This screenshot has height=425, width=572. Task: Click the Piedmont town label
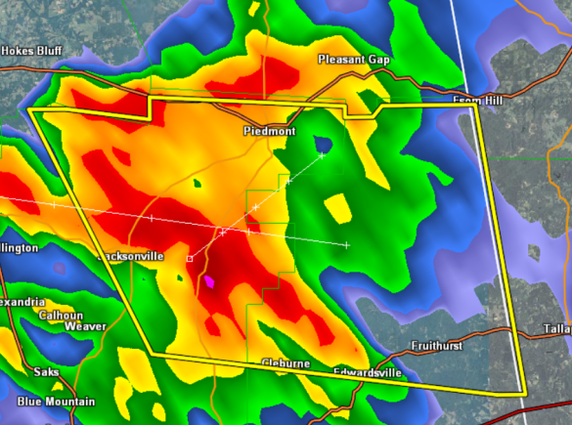click(x=264, y=131)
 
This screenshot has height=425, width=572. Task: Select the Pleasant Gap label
click(x=353, y=60)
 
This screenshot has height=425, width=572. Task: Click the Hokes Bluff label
click(x=30, y=50)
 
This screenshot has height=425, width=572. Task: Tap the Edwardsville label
click(x=367, y=372)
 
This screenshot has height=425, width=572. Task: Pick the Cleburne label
click(x=286, y=363)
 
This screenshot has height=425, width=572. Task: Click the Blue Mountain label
click(x=56, y=402)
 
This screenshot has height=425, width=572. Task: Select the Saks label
click(x=47, y=372)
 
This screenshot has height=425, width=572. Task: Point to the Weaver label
click(x=85, y=326)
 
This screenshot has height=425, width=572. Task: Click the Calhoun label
click(x=61, y=316)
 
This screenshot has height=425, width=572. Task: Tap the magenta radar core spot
click(x=208, y=282)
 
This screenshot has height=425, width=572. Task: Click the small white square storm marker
click(x=190, y=259)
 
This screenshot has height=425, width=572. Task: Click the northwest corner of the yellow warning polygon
click(x=29, y=110)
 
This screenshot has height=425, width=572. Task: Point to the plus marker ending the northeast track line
click(x=322, y=154)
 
